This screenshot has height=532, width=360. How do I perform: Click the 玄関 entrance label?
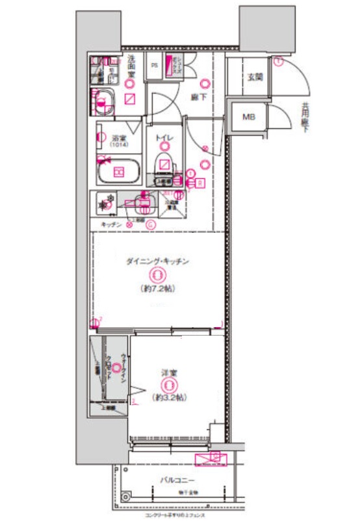254,77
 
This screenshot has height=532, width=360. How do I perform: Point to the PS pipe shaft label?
155,66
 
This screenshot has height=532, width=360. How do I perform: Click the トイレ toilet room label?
163,139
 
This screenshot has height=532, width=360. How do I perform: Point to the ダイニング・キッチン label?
157,261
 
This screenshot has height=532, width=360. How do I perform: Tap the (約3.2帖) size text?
170,397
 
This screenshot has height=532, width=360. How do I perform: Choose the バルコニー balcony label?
179,481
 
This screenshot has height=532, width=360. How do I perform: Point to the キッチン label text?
111,224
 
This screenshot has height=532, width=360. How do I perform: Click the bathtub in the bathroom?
119,172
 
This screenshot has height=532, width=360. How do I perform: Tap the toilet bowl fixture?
165,163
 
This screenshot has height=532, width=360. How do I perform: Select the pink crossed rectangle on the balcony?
211,460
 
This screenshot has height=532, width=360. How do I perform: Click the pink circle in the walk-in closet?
116,368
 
